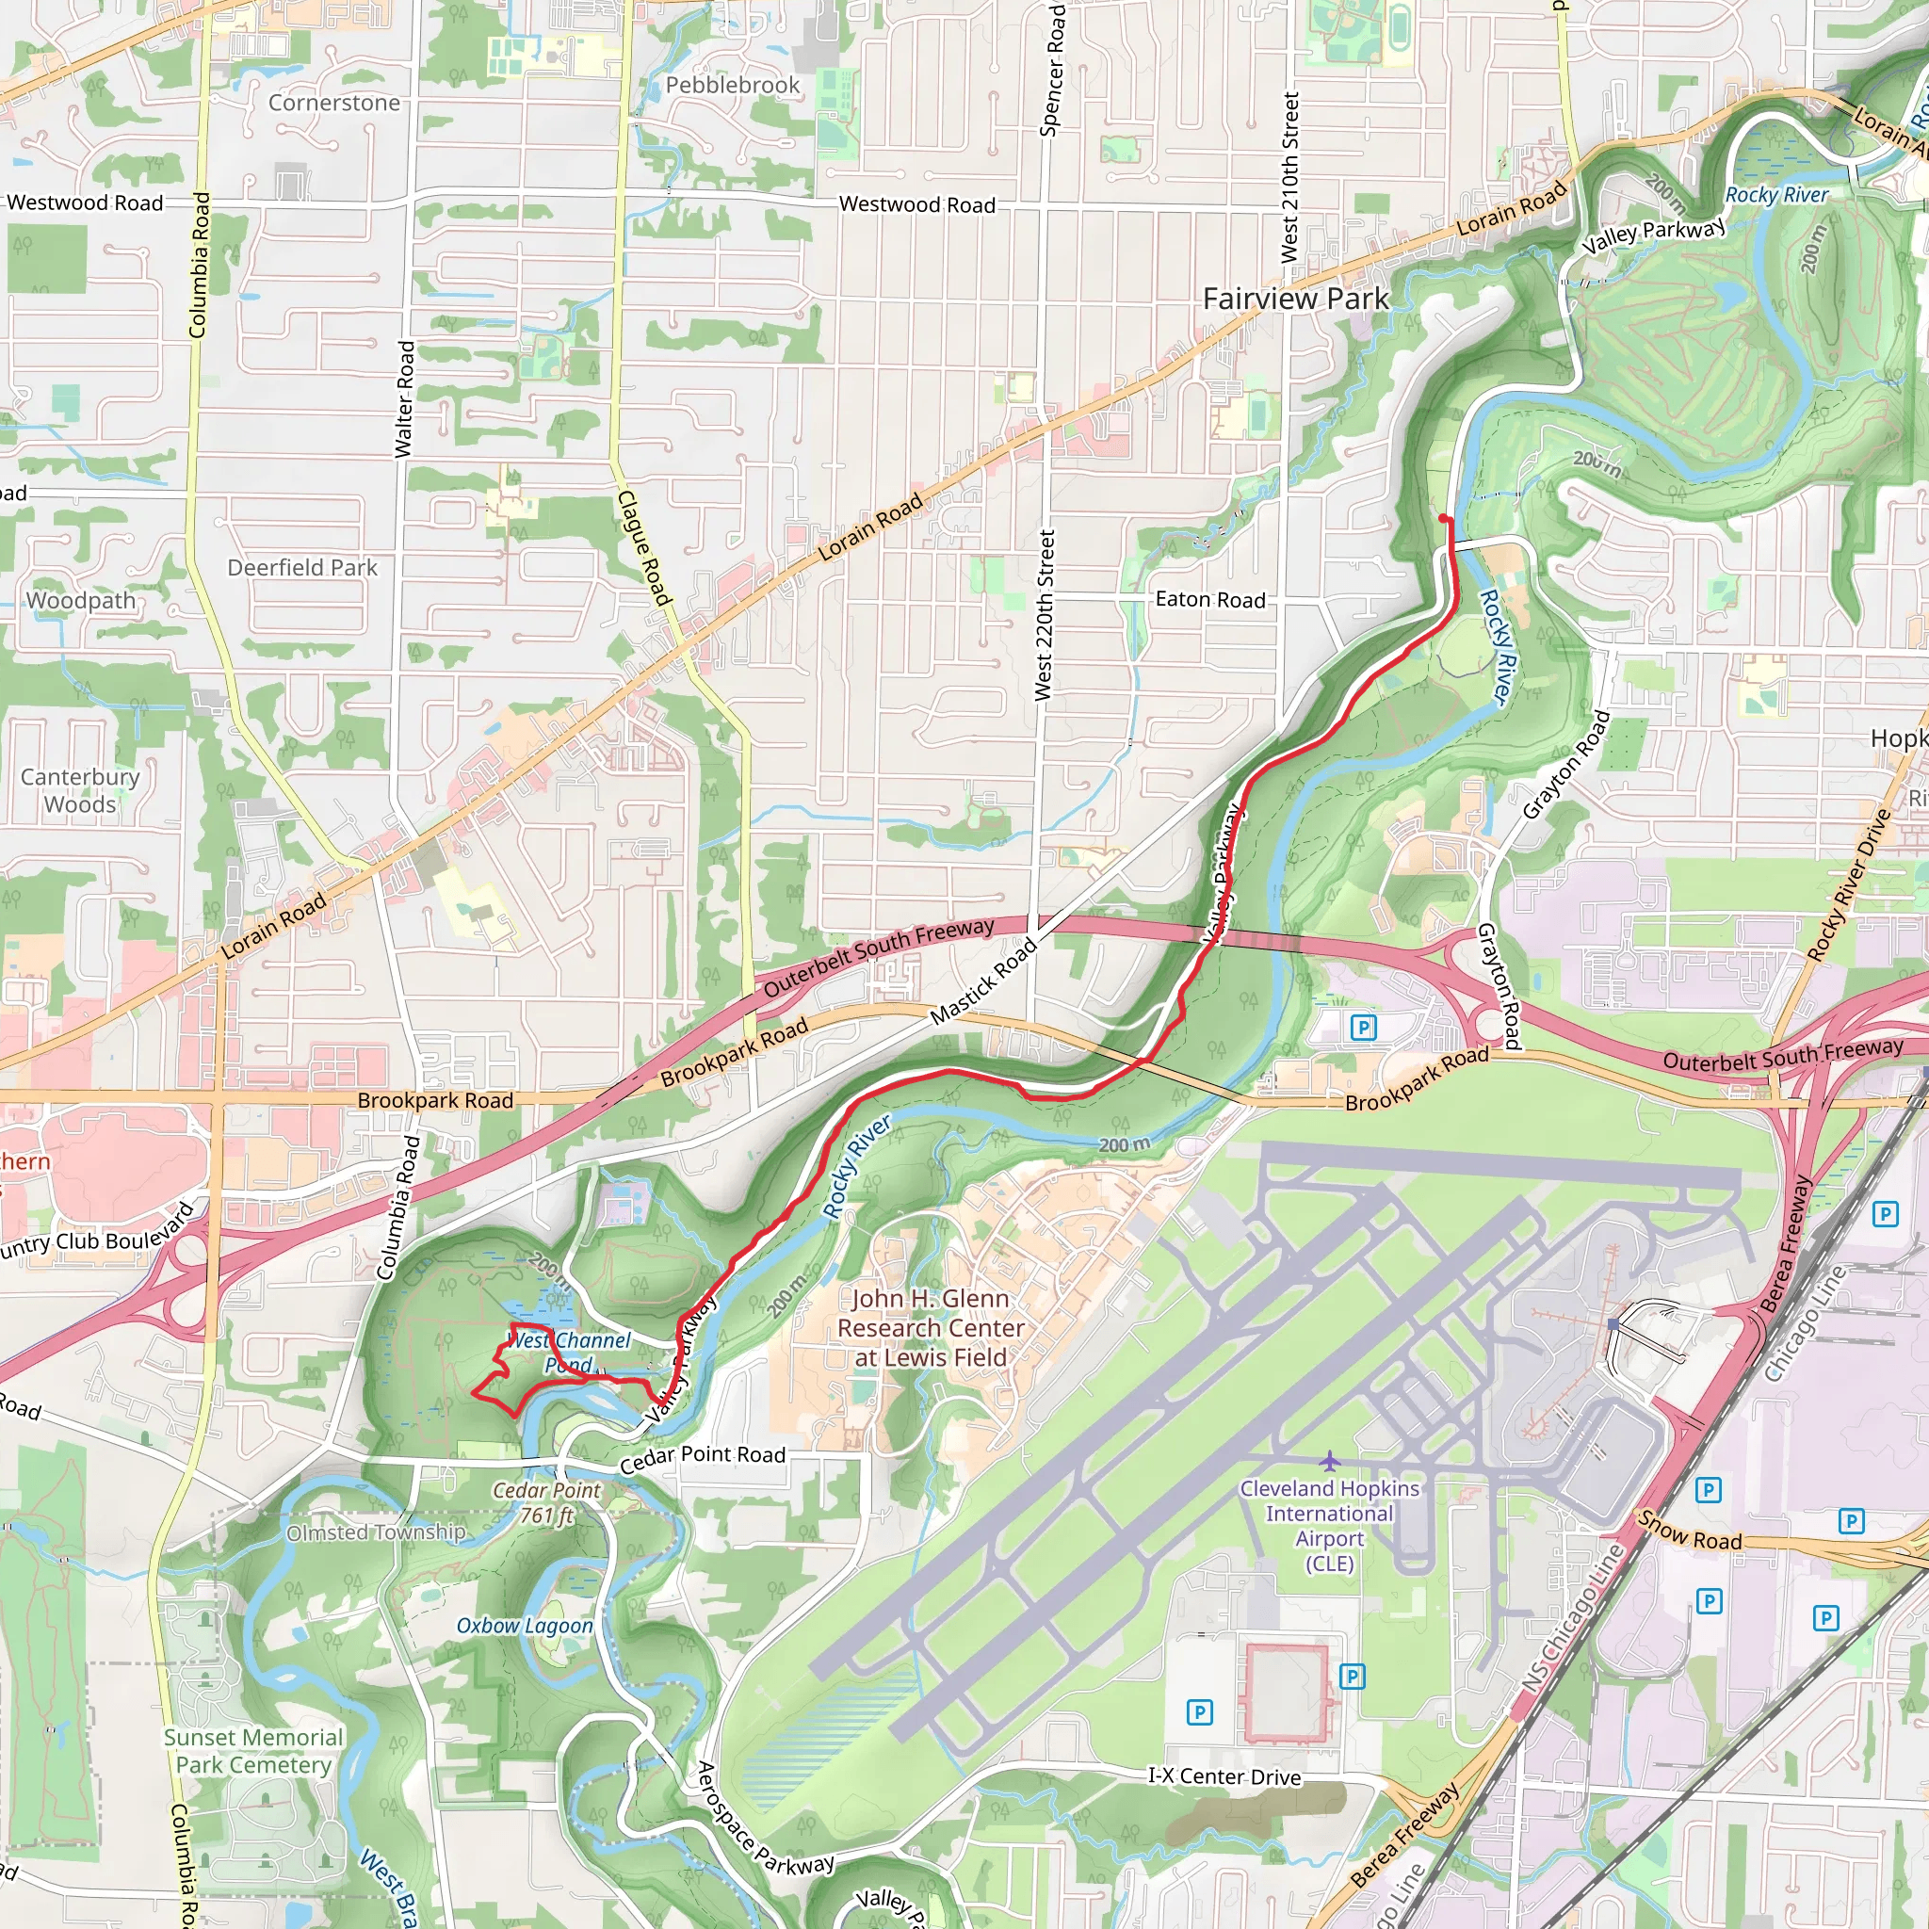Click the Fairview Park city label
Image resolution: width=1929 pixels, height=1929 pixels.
[x=1295, y=299]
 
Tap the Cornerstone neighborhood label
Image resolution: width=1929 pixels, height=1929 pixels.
[x=333, y=103]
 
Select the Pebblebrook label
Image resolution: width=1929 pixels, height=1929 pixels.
[x=732, y=86]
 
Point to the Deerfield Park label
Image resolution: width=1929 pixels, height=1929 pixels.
[x=302, y=568]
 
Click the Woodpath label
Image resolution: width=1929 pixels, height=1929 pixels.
[x=81, y=601]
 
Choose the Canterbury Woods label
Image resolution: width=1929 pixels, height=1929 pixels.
[x=80, y=791]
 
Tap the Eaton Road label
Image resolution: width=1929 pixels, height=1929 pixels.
[x=1209, y=600]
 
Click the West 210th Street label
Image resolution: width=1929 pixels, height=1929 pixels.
[x=1290, y=178]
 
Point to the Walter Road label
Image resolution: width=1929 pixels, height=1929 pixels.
[x=404, y=399]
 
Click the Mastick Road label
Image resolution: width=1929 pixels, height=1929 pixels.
[x=983, y=982]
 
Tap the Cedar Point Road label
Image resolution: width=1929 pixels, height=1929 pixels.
[x=702, y=1459]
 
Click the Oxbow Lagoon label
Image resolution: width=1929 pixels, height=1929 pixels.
[x=525, y=1626]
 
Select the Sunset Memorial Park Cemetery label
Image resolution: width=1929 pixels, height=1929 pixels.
[x=253, y=1751]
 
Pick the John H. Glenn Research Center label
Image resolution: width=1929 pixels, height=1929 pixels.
[x=930, y=1328]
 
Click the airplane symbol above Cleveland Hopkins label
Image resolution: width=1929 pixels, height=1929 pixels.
[x=1329, y=1462]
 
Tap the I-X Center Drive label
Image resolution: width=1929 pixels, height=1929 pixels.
[x=1224, y=1776]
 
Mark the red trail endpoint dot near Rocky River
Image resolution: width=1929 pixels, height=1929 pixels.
[x=1444, y=518]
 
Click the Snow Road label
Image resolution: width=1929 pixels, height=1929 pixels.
[x=1690, y=1531]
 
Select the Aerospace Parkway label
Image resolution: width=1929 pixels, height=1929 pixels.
[x=764, y=1819]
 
